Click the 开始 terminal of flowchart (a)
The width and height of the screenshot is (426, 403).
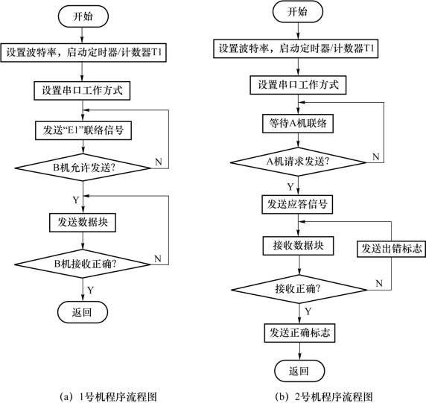point(83,16)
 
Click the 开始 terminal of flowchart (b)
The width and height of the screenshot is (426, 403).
point(298,12)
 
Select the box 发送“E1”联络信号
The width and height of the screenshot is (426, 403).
point(83,130)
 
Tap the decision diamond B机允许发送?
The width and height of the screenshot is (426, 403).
point(83,168)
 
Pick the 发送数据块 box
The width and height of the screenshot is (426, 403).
point(83,223)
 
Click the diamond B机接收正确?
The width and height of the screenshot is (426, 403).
point(83,264)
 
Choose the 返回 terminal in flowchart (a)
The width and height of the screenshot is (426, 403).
point(83,312)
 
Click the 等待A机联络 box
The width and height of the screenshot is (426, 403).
point(298,124)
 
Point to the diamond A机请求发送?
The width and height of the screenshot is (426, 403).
point(299,162)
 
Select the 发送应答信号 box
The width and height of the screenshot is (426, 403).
point(297,204)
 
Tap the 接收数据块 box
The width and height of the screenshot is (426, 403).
point(299,246)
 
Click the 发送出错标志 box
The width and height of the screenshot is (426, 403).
point(391,248)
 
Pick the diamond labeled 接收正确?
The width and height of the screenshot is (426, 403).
point(299,289)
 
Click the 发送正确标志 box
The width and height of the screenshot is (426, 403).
point(299,333)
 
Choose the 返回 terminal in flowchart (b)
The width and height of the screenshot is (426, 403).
point(299,371)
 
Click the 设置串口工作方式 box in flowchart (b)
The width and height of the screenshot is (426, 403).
point(298,85)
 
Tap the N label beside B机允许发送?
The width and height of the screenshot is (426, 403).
point(159,162)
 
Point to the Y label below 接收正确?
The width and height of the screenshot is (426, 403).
point(308,311)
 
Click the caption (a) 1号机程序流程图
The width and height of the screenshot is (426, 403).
point(108,397)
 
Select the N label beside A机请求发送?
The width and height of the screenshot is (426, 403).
point(376,156)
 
